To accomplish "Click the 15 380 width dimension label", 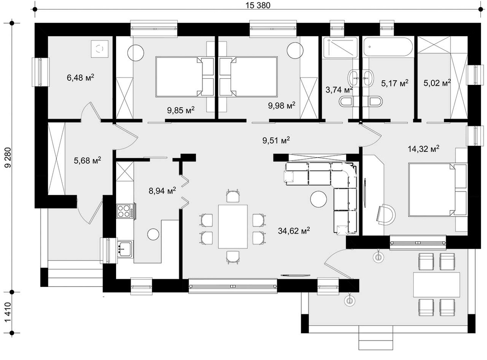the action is point(258,5).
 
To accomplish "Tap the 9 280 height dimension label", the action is point(8,157).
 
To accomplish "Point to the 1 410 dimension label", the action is point(8,312).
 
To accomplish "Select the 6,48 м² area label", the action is point(80,77).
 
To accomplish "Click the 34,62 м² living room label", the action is point(294,231).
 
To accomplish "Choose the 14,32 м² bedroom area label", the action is point(423,149).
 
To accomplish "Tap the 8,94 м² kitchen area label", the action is point(162,190).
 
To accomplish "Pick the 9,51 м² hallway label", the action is point(276,140).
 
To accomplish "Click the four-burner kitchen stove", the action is point(125,211).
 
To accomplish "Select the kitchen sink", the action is point(125,249).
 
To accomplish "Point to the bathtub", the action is point(388,47).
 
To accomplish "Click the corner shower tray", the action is point(340,47).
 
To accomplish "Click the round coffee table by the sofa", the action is point(318,199).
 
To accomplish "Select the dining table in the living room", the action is point(233,226).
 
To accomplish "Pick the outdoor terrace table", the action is point(437,285).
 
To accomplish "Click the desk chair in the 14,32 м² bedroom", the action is point(386,215).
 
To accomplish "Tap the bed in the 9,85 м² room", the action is point(184,77).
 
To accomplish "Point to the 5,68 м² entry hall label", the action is point(87,160).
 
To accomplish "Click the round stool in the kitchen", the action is point(153,234).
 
